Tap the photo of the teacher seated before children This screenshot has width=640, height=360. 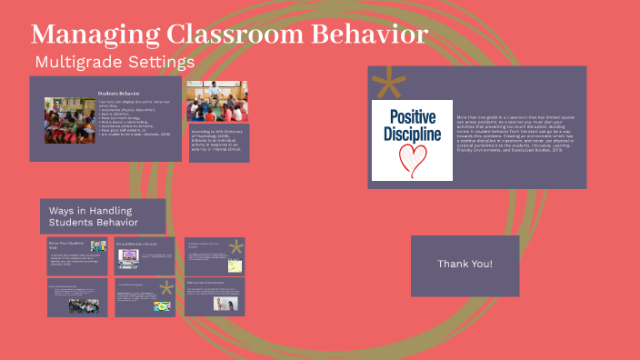[216, 102]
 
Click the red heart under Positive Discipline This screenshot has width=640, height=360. [411, 160]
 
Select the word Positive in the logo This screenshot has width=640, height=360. [412, 116]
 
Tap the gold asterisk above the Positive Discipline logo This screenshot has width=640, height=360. [389, 84]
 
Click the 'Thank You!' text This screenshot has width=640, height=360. [465, 264]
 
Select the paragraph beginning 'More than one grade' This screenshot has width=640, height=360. [505, 135]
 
